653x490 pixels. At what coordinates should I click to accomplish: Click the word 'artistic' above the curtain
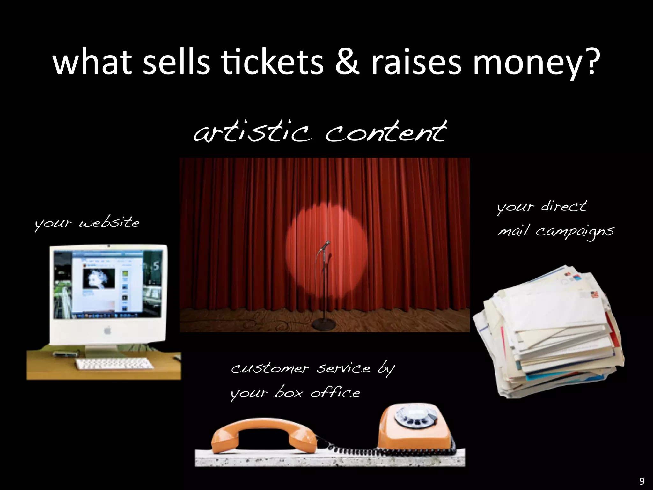coord(252,132)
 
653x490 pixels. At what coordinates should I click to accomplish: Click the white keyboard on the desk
coord(114,364)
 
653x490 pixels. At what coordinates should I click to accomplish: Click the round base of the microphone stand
coord(324,325)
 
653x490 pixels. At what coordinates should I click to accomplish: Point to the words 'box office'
coord(317,393)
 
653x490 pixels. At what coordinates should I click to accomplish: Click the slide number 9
coord(642,481)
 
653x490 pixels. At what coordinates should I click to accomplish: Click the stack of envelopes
coord(548,332)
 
